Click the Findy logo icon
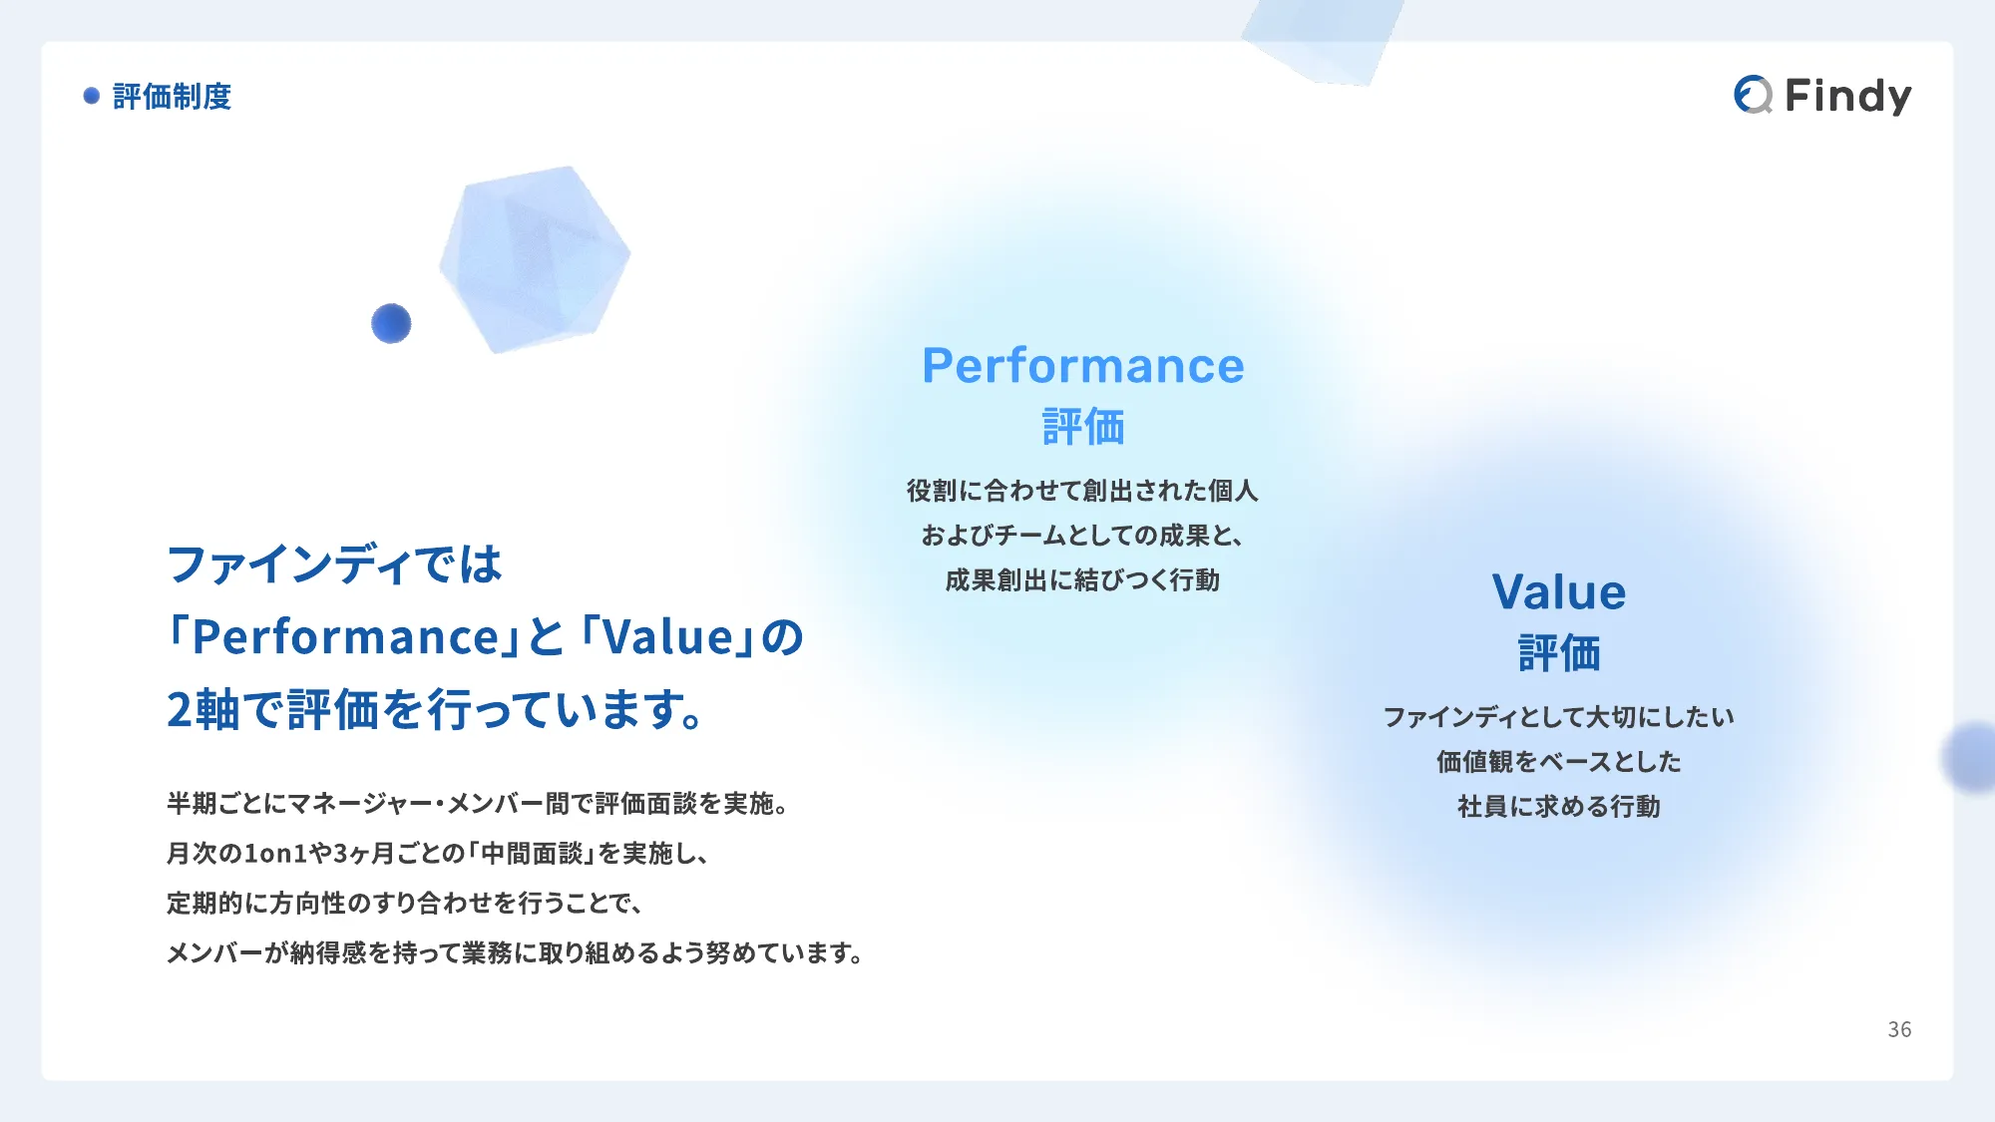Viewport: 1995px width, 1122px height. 1753,95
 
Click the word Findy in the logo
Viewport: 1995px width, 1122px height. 1847,96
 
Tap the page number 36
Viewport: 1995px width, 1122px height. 1899,1029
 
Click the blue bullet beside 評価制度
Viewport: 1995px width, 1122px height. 92,96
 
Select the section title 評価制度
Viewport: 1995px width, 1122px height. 172,97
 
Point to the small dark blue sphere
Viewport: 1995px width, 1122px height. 391,323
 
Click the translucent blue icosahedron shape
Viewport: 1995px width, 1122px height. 535,258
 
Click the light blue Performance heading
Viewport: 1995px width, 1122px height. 1083,365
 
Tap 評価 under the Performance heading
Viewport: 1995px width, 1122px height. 1083,427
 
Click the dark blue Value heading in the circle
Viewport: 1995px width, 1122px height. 1559,591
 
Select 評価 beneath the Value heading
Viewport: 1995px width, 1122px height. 1559,653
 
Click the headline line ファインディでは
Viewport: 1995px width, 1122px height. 334,564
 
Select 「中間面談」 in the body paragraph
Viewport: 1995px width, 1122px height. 533,854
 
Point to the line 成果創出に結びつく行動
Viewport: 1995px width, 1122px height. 1082,580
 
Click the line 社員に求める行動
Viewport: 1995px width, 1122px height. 1559,806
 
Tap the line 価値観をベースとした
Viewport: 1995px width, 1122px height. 1559,761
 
